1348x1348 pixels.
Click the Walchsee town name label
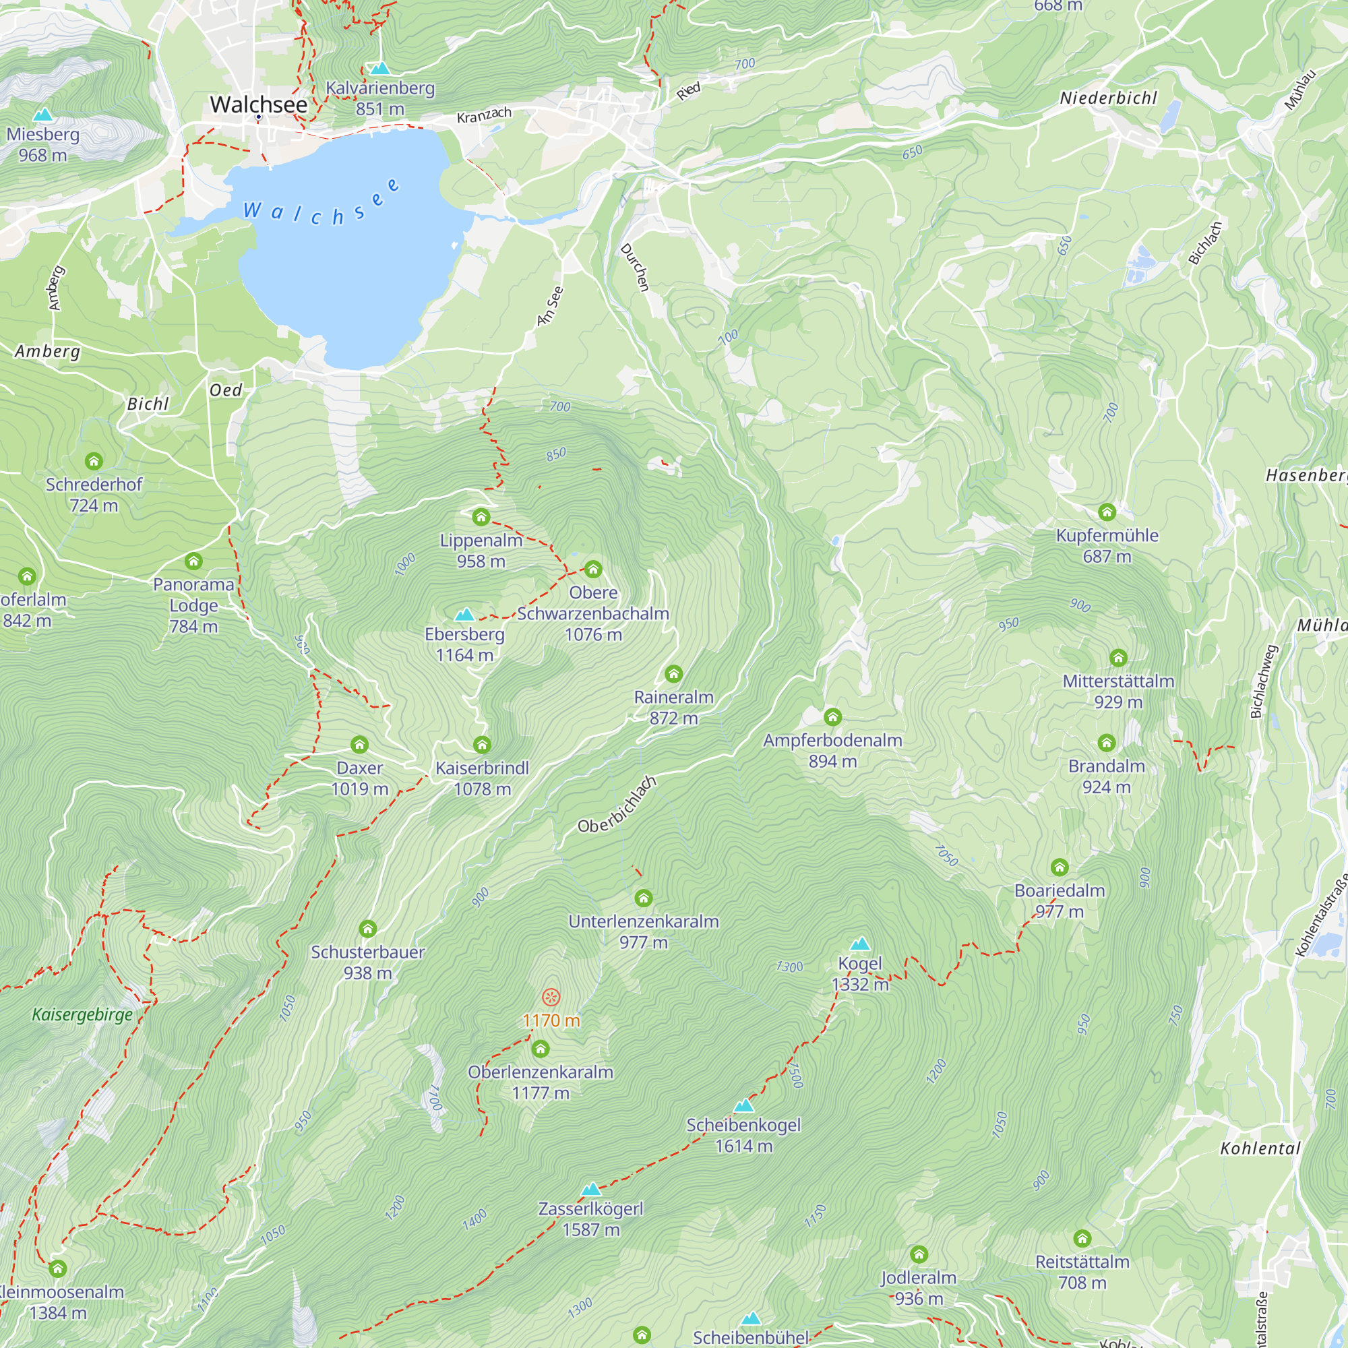(258, 104)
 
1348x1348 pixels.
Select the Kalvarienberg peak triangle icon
(379, 68)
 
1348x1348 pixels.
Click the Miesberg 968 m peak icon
(42, 115)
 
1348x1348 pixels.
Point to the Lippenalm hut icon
(481, 517)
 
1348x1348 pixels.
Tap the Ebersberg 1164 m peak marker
(464, 615)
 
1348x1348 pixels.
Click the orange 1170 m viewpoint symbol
(551, 997)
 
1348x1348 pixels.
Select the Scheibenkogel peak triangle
(744, 1106)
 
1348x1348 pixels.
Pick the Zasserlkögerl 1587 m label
(591, 1219)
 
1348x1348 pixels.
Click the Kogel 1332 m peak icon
(860, 944)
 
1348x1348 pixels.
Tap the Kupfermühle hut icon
(1107, 512)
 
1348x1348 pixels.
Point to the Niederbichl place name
(1108, 98)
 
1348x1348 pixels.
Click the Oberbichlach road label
(617, 805)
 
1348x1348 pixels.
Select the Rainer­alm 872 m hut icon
(673, 674)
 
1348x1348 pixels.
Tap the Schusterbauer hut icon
(368, 929)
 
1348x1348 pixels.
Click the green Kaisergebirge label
(82, 1014)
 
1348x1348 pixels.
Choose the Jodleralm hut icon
(919, 1254)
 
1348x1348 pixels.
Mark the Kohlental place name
(1260, 1148)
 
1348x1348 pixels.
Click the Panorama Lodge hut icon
(193, 561)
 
